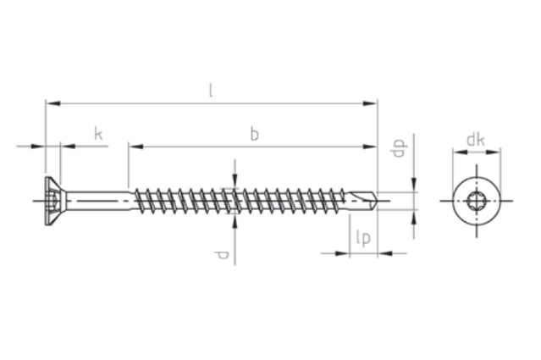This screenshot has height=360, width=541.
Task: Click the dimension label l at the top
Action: tap(211, 91)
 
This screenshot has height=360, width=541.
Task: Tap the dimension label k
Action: tap(98, 134)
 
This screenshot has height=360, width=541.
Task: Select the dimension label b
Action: tap(254, 134)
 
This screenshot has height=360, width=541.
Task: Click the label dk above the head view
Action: tap(476, 140)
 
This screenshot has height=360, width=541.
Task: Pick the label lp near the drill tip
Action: tap(363, 238)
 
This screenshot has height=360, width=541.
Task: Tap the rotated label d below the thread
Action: tap(221, 255)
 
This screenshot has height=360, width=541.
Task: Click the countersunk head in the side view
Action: tap(52, 201)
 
